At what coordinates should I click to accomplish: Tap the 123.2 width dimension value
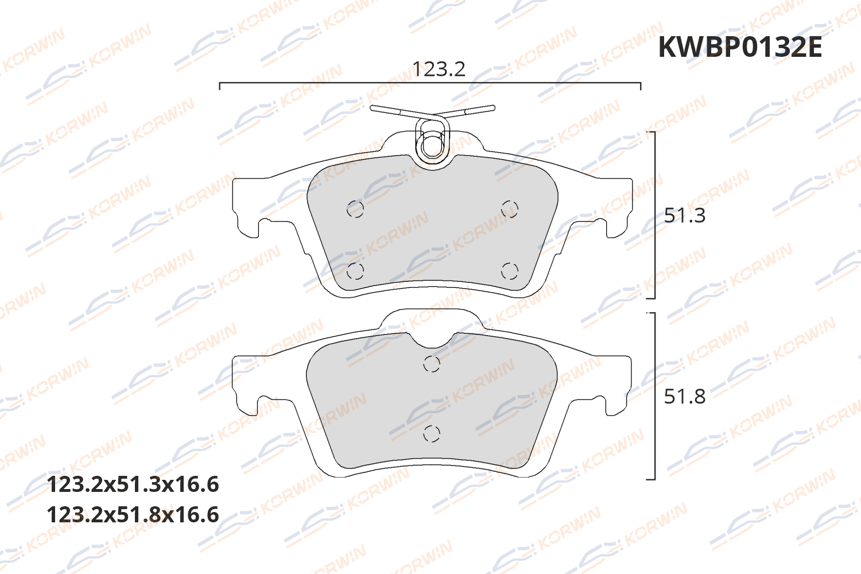[x=439, y=69]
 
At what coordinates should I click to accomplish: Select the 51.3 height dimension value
[x=684, y=216]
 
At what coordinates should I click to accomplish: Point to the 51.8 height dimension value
[x=684, y=397]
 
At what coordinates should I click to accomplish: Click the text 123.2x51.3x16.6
[x=133, y=484]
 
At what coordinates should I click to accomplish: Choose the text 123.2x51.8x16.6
[x=133, y=515]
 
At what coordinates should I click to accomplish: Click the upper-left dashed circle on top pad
[x=355, y=210]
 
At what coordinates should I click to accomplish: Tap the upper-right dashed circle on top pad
[x=509, y=210]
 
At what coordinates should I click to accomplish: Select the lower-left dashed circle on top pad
[x=355, y=271]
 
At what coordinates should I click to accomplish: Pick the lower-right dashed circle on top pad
[x=509, y=271]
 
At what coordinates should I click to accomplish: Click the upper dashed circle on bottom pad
[x=432, y=364]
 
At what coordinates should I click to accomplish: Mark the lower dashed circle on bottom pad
[x=432, y=433]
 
